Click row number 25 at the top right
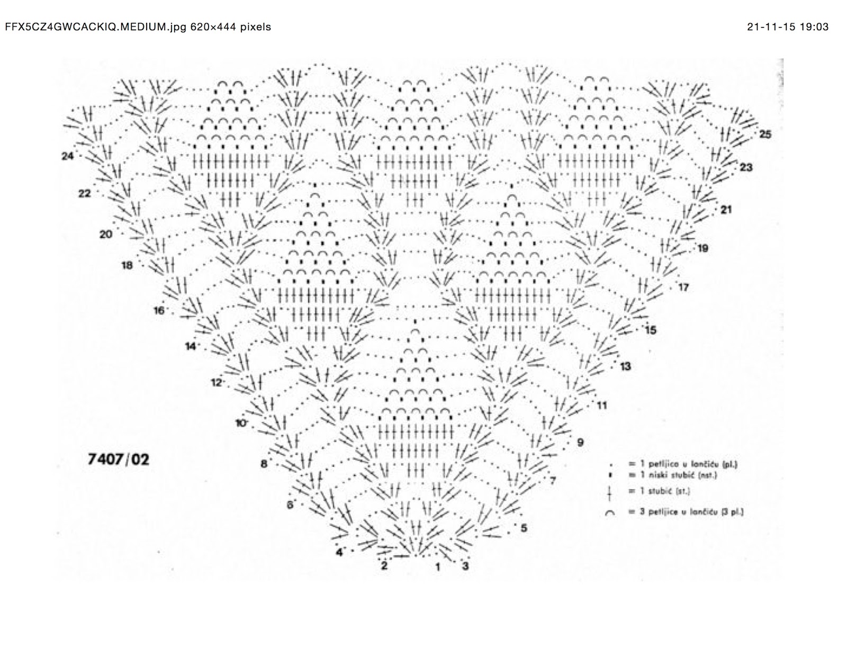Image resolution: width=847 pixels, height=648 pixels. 765,134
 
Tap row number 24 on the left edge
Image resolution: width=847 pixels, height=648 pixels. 67,156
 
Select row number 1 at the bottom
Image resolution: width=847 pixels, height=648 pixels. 438,568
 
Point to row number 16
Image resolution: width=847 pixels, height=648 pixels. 159,311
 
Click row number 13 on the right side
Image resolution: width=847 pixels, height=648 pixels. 625,366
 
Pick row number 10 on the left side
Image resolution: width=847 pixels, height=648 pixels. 241,423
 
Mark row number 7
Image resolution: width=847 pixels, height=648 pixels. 552,481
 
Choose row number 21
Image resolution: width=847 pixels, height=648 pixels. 726,210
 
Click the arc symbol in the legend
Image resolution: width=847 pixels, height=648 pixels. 610,512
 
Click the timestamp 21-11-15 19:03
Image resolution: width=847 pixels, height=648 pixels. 788,26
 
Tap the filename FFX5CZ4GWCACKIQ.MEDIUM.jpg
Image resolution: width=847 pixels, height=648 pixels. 95,26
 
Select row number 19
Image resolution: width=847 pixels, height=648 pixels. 702,248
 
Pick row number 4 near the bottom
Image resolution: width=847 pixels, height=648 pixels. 339,553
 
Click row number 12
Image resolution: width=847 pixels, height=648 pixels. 216,382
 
